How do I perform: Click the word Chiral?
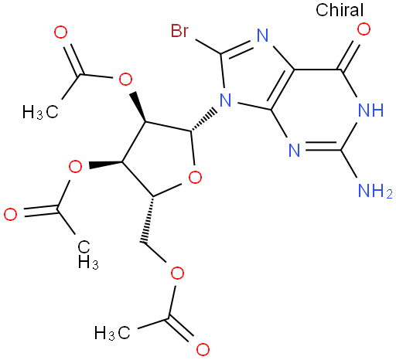(x=340, y=10)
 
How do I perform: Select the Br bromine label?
(x=179, y=31)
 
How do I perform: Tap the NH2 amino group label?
(x=375, y=191)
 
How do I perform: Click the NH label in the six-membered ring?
(x=370, y=110)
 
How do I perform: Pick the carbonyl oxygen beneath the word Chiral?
(x=364, y=29)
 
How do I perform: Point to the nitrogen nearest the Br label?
(x=263, y=36)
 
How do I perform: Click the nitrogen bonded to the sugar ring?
(x=226, y=100)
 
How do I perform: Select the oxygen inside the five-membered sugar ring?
(x=195, y=177)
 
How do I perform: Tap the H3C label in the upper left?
(x=40, y=112)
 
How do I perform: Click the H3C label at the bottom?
(x=112, y=333)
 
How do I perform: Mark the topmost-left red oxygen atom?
(x=61, y=32)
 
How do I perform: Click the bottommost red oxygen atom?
(x=203, y=349)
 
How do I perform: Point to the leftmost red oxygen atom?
(x=11, y=215)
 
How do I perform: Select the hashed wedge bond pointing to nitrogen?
(x=203, y=121)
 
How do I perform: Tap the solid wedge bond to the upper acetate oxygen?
(x=138, y=107)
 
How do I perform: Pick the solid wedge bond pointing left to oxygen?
(x=106, y=164)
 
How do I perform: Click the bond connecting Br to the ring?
(x=207, y=46)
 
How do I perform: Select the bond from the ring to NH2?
(x=349, y=164)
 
